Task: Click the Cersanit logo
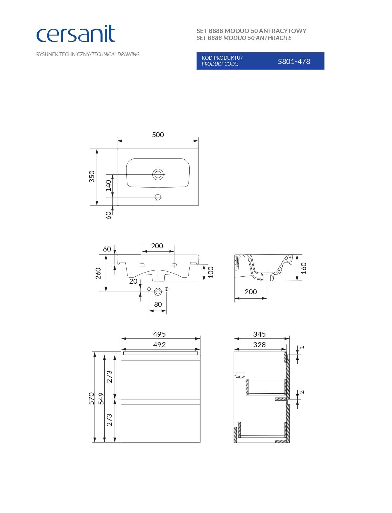click(75, 34)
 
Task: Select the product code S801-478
click(294, 61)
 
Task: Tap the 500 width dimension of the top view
click(158, 135)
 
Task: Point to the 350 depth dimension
click(92, 176)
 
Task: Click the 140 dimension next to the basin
click(108, 186)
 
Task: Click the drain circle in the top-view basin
click(158, 175)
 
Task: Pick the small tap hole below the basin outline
click(158, 197)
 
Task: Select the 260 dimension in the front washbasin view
click(98, 273)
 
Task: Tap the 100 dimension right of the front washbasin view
click(211, 272)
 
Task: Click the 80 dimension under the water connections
click(158, 304)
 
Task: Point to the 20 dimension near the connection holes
click(133, 281)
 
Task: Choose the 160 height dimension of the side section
click(304, 268)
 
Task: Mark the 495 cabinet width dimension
click(159, 334)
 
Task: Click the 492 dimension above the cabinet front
click(159, 345)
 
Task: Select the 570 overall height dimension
click(91, 398)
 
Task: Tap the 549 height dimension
click(101, 398)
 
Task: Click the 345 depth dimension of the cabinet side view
click(259, 334)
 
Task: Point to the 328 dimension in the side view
click(259, 345)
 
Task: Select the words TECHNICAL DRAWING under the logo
click(116, 54)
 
